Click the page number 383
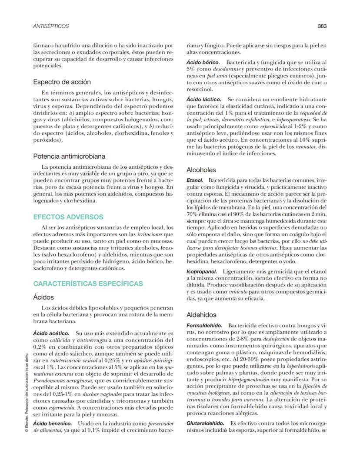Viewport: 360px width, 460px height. (322, 26)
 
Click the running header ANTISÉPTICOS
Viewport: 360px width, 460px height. (51, 26)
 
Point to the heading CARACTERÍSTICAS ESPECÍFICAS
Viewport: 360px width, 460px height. (88, 283)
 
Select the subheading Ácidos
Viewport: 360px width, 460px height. (43, 297)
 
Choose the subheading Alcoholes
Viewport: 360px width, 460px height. (201, 170)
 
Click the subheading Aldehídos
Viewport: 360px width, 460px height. (201, 314)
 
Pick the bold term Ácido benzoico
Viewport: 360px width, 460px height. (50, 423)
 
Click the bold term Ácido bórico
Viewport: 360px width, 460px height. (203, 63)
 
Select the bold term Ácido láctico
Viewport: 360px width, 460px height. (203, 100)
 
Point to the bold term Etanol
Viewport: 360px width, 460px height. (195, 180)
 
